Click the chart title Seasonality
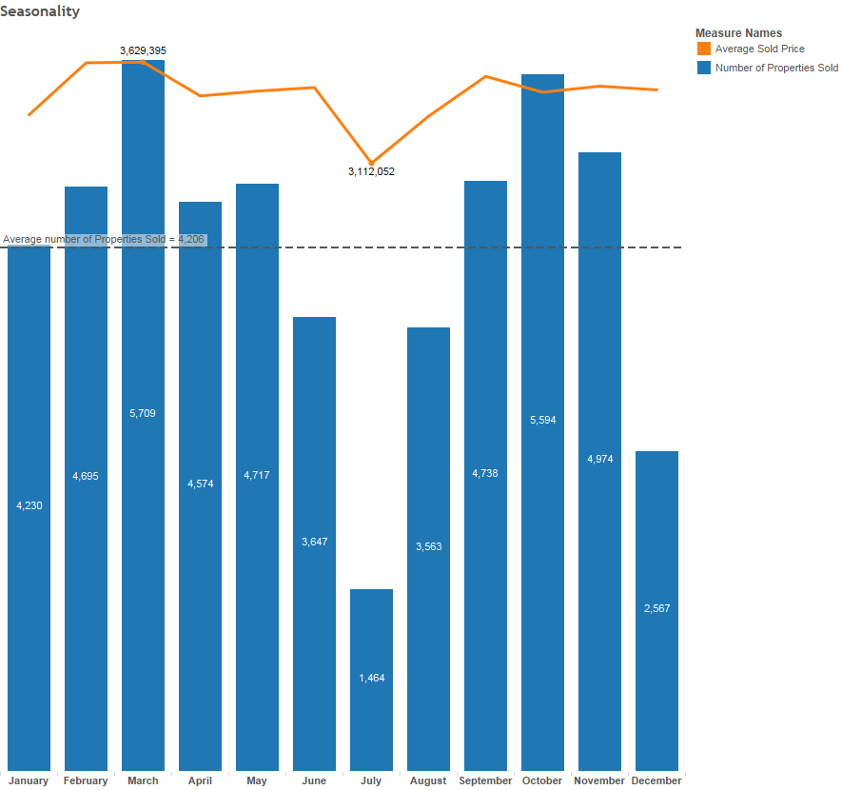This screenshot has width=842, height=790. click(x=40, y=11)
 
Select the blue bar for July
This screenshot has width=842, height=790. click(x=371, y=628)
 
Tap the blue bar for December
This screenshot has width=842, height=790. click(x=656, y=533)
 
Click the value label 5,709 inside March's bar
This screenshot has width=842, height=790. click(x=143, y=413)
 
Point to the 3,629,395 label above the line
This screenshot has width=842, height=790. click(x=143, y=49)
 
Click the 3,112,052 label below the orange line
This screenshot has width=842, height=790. click(x=371, y=171)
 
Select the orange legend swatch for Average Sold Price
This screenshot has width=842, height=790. click(x=704, y=49)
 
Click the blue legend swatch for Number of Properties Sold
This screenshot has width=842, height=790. click(x=704, y=68)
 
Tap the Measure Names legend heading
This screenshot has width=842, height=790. click(x=738, y=33)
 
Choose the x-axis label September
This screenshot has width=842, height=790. click(x=485, y=780)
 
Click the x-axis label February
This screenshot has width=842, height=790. click(x=86, y=780)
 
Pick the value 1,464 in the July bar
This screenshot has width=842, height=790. click(x=371, y=678)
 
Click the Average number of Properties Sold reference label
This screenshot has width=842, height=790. click(x=104, y=239)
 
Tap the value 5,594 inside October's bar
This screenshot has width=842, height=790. click(x=542, y=420)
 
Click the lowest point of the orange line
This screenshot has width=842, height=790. click(x=371, y=163)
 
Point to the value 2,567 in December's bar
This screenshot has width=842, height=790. click(x=656, y=608)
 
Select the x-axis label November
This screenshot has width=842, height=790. click(x=599, y=780)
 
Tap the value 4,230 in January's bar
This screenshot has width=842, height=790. click(x=29, y=505)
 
